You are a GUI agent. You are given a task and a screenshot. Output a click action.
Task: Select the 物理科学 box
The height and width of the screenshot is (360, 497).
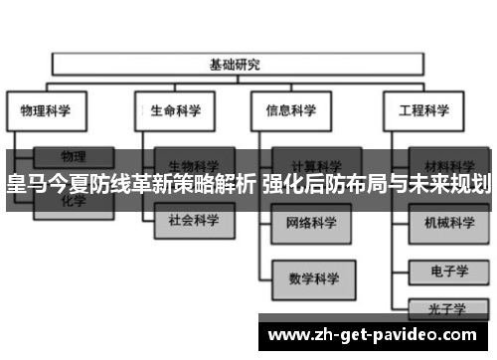click(47, 110)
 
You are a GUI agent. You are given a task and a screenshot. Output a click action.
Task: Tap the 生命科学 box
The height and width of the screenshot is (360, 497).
click(177, 110)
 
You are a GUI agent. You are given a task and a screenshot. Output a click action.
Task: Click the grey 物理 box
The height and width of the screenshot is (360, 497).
click(74, 156)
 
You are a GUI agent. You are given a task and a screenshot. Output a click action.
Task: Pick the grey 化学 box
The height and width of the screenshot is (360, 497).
click(74, 201)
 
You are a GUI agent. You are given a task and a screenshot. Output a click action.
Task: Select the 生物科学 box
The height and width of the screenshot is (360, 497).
click(194, 164)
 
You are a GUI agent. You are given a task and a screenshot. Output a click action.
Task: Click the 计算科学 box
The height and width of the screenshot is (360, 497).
click(315, 164)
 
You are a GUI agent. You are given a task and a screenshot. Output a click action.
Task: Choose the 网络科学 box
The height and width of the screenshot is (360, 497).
click(315, 221)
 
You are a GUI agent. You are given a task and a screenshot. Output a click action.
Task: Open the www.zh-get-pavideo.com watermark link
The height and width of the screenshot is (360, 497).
click(373, 336)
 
